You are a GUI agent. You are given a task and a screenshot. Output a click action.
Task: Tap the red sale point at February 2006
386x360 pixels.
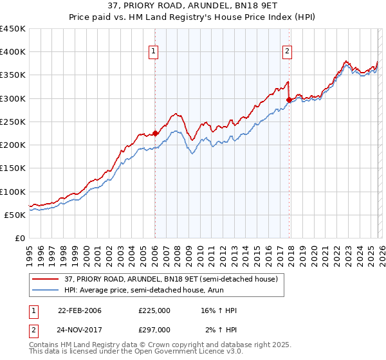(x=155, y=134)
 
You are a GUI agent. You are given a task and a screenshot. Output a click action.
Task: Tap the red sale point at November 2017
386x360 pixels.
(x=289, y=100)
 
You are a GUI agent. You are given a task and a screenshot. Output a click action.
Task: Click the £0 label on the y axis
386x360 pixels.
(x=20, y=239)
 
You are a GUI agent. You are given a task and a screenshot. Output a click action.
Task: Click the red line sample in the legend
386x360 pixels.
(x=46, y=279)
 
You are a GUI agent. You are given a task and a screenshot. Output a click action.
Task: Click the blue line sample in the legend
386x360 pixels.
(x=46, y=290)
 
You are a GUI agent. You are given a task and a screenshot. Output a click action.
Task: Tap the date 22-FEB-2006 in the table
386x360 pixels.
(x=79, y=310)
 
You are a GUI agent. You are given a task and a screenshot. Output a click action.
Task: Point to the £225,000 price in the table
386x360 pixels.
(x=154, y=310)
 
